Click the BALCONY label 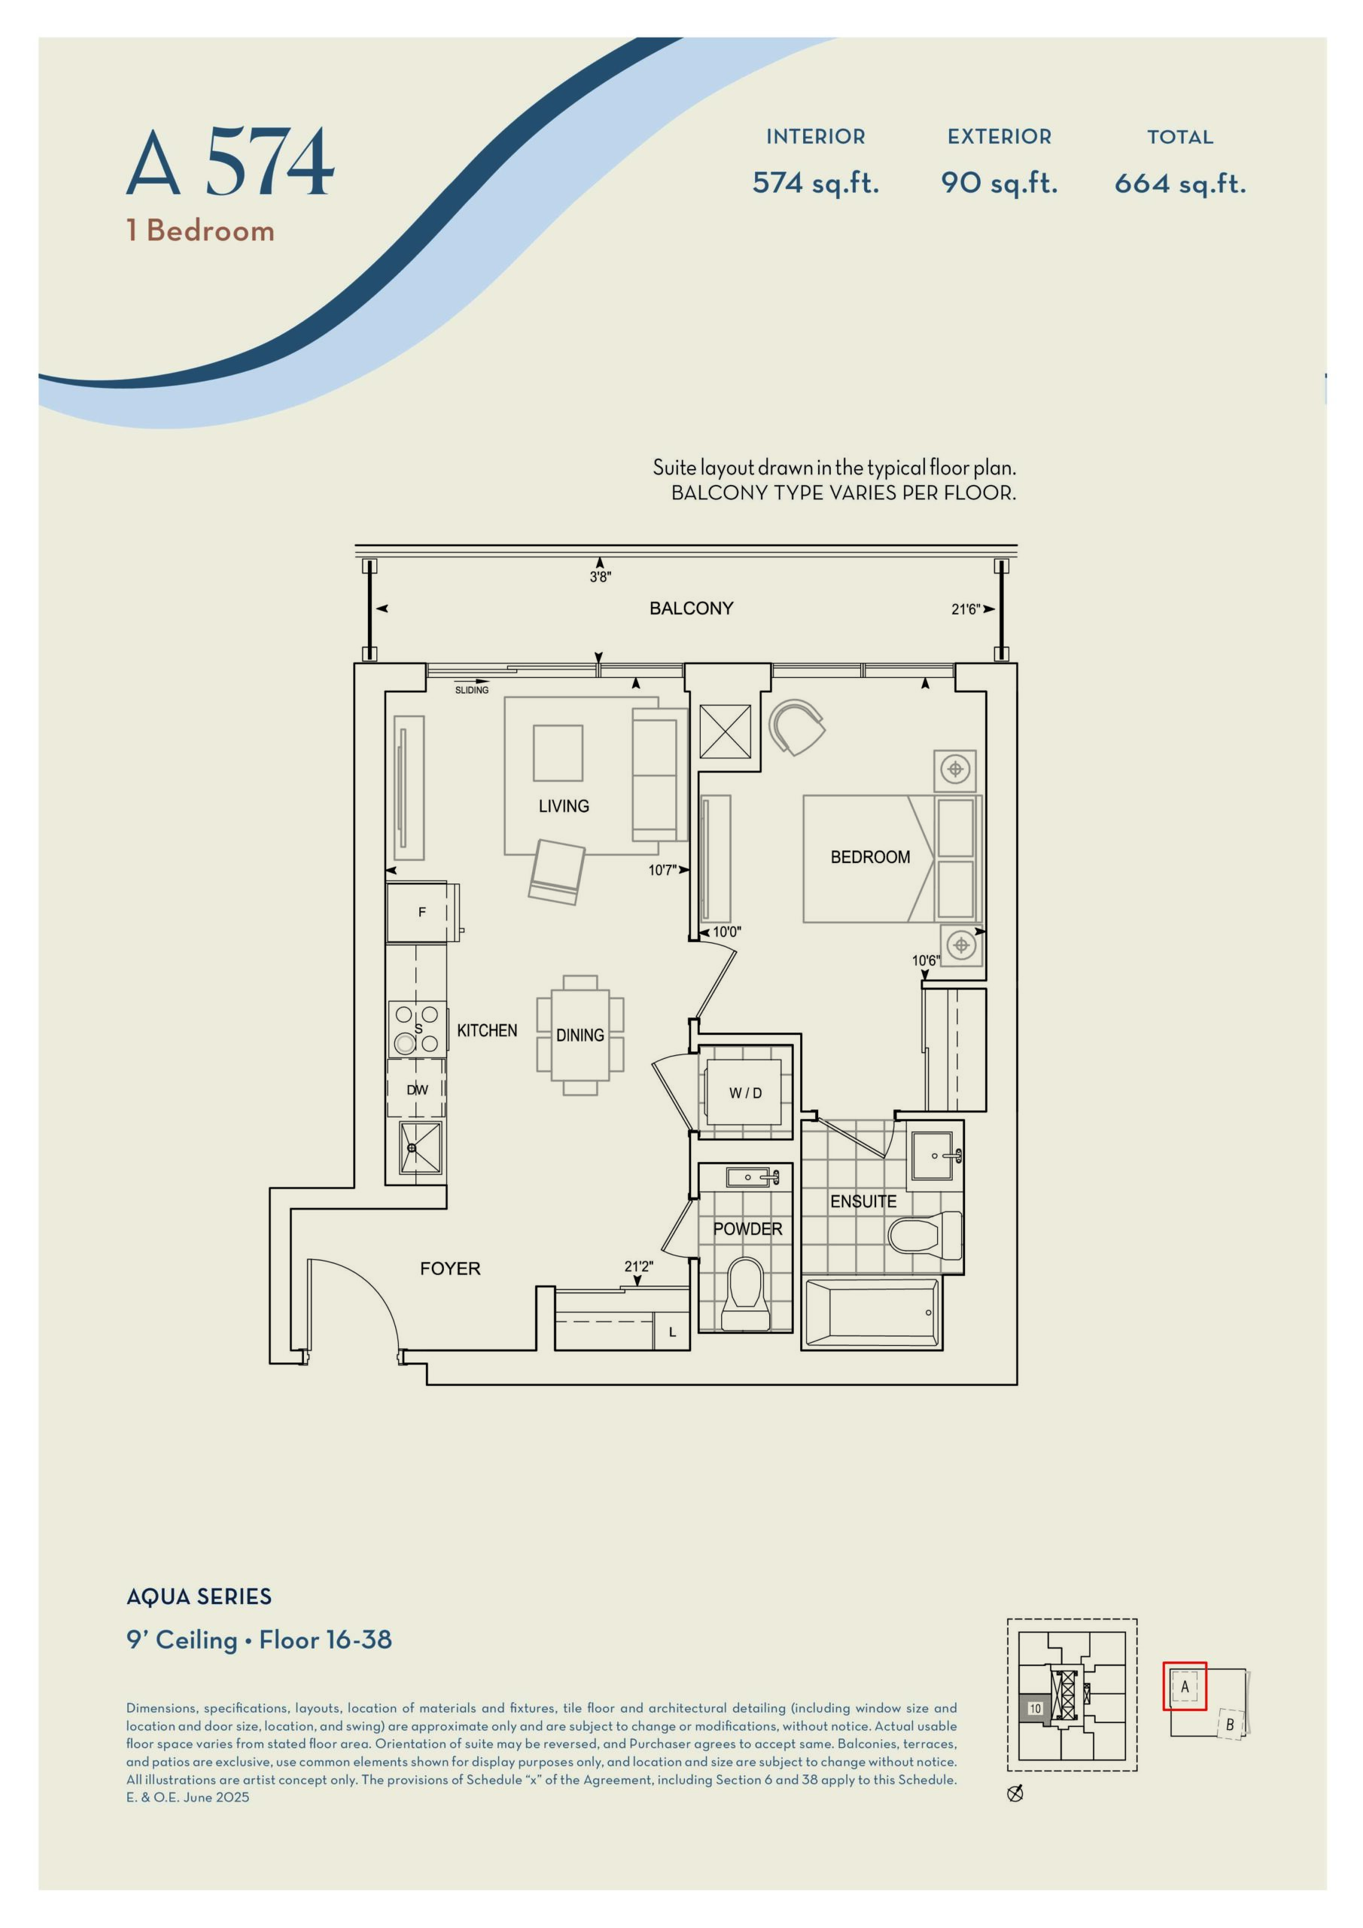(691, 608)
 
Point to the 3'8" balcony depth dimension (600, 577)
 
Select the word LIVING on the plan (563, 806)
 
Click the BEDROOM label (869, 857)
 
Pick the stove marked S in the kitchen (417, 1028)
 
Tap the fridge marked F (421, 912)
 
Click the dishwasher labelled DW (416, 1090)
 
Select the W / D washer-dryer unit (744, 1093)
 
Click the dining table (580, 1035)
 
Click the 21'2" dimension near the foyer (638, 1266)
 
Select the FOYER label (450, 1269)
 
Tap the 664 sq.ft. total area (1179, 183)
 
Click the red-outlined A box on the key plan (1184, 1686)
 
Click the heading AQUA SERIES (199, 1597)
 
